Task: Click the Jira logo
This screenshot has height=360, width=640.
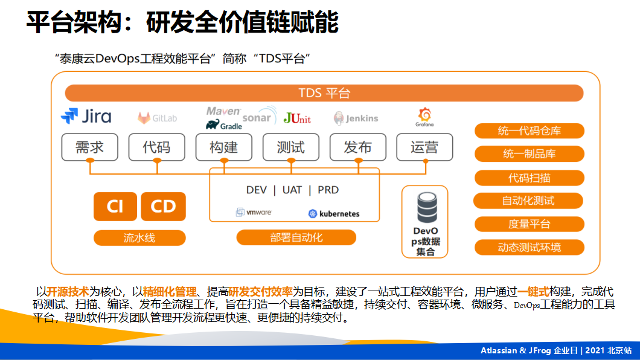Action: click(86, 116)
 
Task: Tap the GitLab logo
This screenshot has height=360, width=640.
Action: click(157, 118)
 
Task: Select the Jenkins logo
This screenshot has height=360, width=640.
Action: click(356, 118)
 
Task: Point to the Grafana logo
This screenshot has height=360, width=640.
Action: click(424, 117)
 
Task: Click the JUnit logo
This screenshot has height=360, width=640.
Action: click(297, 118)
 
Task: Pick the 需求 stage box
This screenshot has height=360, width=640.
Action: click(89, 147)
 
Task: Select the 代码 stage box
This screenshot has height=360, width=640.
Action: click(156, 147)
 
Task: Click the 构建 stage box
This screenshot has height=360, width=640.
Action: click(223, 147)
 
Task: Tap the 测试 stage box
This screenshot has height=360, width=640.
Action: click(290, 147)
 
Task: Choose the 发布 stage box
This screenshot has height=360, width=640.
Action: click(357, 147)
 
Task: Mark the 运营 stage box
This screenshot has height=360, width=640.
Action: click(424, 147)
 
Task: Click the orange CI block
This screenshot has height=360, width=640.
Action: click(115, 207)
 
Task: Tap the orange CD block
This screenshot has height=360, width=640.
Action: click(163, 207)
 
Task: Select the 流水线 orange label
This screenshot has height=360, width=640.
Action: click(139, 238)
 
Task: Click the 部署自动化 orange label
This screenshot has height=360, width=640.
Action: click(296, 237)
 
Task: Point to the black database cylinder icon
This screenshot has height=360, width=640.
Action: click(426, 208)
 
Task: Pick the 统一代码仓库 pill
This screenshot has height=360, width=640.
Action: click(529, 131)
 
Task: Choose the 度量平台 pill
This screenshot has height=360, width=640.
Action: click(529, 224)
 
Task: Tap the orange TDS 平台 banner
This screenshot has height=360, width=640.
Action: click(324, 93)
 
